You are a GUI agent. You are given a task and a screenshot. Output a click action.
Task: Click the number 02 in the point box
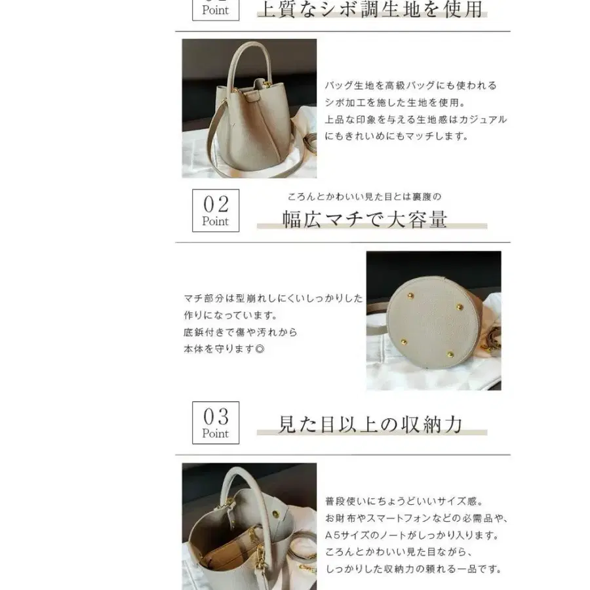pos(216,203)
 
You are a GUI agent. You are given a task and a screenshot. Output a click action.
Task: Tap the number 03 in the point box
pos(216,416)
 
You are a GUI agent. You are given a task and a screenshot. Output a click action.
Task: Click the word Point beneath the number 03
pos(216,433)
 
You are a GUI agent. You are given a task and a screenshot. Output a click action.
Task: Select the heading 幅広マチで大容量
pos(364,219)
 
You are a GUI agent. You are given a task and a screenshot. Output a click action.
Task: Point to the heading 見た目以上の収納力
pos(371,424)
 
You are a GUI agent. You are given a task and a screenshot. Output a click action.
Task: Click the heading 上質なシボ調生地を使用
pos(371,10)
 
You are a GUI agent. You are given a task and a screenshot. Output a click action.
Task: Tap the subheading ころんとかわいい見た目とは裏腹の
pos(364,196)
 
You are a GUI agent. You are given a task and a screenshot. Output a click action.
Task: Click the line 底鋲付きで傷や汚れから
pos(241,332)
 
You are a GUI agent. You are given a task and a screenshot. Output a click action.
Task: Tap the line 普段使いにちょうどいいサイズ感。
pos(404,501)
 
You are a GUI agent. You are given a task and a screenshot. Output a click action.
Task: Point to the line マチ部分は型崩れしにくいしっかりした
pos(273,298)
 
